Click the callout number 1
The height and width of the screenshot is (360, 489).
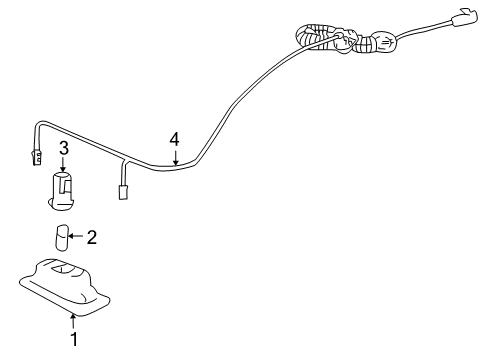(x=73, y=340)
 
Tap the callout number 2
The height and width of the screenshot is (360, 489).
(x=92, y=237)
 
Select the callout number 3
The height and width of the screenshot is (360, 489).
(x=62, y=150)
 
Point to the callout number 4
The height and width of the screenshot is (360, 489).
(x=174, y=139)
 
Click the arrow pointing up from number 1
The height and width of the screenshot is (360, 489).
(x=73, y=320)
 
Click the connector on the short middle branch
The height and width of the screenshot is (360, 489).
(x=123, y=191)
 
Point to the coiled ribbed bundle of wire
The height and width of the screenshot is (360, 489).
(x=325, y=38)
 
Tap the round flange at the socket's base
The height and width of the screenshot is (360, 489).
(x=62, y=206)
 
